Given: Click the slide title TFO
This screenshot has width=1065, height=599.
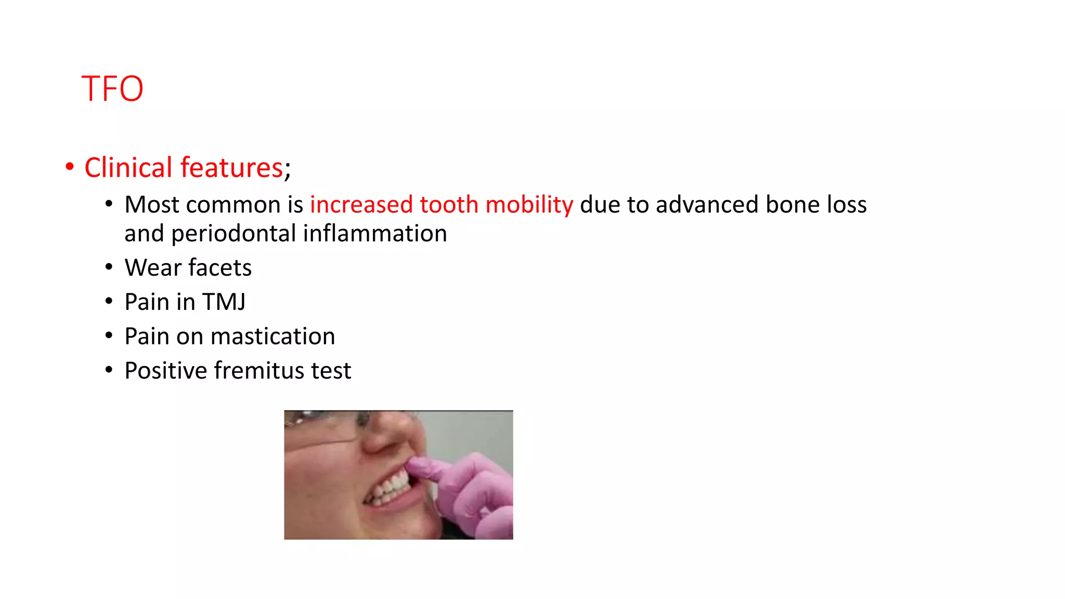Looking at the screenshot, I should [112, 88].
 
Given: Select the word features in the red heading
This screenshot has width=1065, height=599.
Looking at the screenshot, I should [231, 167].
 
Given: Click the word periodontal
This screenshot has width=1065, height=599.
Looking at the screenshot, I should [233, 233].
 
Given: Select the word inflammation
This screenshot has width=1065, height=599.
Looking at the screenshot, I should [375, 233].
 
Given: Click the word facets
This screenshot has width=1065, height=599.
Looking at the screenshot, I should [220, 268].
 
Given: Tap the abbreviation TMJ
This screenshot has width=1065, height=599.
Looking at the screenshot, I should [224, 302].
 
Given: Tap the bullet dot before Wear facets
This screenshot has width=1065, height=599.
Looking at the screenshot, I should [109, 268].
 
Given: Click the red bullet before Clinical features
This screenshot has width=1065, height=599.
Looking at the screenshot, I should [70, 167].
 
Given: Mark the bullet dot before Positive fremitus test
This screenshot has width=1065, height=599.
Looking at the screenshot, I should [109, 370].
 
